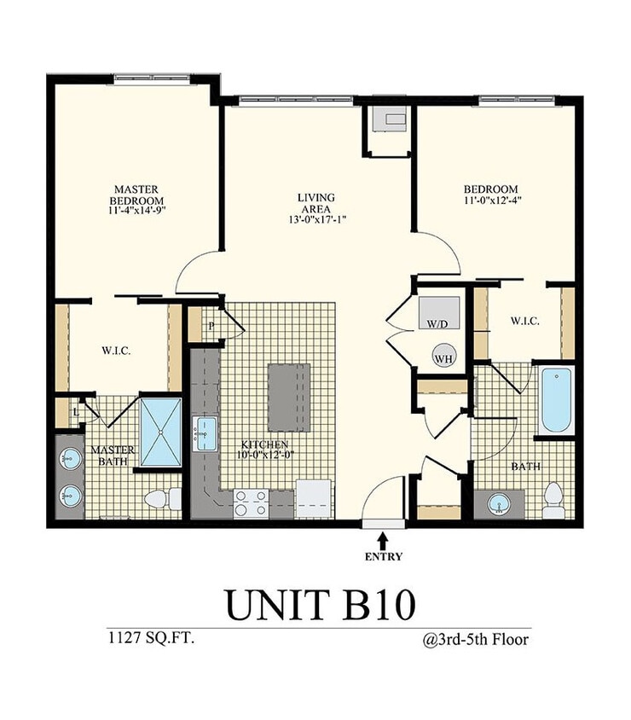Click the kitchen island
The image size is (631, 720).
click(x=289, y=398)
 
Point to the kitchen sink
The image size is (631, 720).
click(x=206, y=434)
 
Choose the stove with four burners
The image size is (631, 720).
click(x=252, y=502)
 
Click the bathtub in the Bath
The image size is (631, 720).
click(x=557, y=400)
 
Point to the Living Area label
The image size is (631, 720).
click(x=315, y=204)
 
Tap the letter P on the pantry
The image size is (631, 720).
click(x=211, y=325)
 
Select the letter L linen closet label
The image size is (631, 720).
click(x=78, y=411)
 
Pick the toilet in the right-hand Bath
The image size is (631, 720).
click(x=553, y=499)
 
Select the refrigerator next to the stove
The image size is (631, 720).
click(x=314, y=499)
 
